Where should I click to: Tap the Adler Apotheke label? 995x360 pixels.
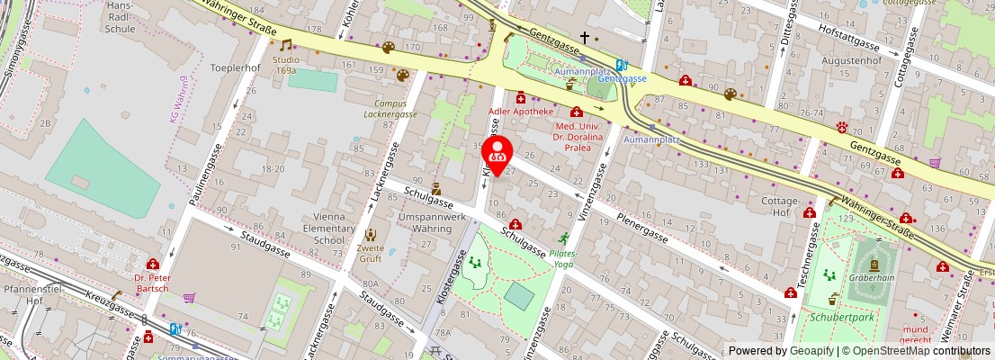[520, 112]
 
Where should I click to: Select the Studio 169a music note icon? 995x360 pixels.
[286, 45]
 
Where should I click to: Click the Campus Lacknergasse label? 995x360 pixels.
[390, 109]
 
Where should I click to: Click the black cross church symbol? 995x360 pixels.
[585, 38]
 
